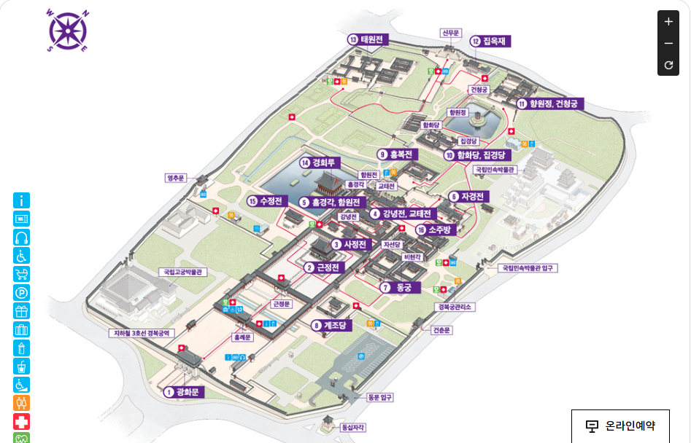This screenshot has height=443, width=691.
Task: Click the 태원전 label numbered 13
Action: [368, 39]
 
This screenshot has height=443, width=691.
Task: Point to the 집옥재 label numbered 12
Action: [491, 42]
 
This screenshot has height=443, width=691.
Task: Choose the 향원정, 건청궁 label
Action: [551, 104]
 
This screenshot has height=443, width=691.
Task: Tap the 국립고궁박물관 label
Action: [184, 272]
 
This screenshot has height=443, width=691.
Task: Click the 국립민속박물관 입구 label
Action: [528, 268]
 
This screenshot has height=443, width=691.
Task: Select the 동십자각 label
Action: [353, 428]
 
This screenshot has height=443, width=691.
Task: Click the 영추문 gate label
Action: [177, 177]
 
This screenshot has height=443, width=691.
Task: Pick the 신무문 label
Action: [451, 33]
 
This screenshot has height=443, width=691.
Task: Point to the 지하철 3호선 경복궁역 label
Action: [140, 333]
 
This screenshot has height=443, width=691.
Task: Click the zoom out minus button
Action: [668, 44]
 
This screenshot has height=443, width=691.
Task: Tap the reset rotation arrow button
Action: [668, 66]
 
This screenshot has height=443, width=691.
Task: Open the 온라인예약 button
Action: [620, 426]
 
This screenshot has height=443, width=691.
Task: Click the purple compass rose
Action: [67, 31]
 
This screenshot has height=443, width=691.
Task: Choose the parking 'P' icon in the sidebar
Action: [22, 293]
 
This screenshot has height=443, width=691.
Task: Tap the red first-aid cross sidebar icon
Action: [22, 421]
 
